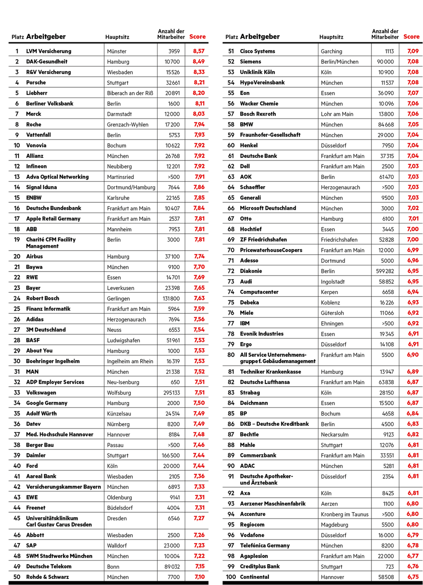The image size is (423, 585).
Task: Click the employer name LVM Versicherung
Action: point(48,51)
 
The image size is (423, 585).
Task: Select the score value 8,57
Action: point(199,51)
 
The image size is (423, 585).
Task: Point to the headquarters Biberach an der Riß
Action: point(130,93)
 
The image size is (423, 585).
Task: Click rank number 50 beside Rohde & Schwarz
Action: point(17,577)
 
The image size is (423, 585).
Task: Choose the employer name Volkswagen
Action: point(41,392)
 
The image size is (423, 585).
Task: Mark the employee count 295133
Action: point(171,393)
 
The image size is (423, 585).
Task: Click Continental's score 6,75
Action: point(413,577)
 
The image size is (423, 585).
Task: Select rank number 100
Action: point(231,577)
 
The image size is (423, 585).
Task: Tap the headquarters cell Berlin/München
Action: point(340,62)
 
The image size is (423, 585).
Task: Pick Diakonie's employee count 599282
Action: point(383,271)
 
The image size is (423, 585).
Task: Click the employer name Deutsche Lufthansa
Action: point(265,382)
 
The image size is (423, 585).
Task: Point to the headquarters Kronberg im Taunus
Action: point(345,514)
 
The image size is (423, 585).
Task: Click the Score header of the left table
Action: point(197,37)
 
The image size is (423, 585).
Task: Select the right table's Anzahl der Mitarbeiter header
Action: point(385,34)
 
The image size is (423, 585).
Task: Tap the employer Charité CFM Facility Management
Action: point(51,243)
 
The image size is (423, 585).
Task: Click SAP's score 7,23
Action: point(199,545)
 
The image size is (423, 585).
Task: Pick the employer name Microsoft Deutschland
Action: point(268,208)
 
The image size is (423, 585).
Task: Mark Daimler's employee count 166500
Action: point(171,455)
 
